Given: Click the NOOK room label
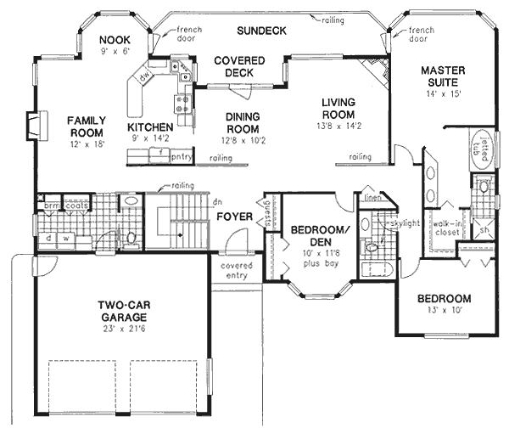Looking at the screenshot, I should tap(114, 39).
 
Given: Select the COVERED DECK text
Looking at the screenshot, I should tap(238, 66).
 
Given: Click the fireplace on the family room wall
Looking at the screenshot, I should tap(31, 126).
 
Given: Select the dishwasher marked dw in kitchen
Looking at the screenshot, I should tap(145, 76).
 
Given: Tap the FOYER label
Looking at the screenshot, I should tap(233, 217).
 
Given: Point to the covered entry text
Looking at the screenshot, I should tap(237, 271).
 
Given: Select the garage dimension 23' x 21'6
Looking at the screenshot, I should tap(122, 328).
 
